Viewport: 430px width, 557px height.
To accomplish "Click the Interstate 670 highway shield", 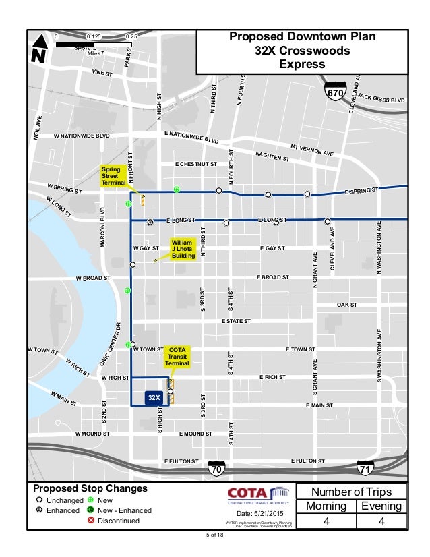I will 335,91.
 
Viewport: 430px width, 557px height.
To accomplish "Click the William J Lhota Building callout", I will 183,249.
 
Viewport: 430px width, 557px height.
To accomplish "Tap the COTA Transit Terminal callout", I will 177,357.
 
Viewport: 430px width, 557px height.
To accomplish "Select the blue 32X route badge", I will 154,398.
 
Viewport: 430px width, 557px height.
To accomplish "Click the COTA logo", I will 258,494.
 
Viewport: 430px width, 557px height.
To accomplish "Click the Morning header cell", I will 331,506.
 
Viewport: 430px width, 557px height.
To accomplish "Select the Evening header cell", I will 382,506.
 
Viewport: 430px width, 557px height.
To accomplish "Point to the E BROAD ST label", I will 272,277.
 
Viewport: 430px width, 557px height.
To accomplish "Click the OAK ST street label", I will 346,305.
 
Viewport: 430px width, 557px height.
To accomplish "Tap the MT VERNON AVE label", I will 312,150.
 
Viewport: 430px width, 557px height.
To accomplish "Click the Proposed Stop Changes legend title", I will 90,488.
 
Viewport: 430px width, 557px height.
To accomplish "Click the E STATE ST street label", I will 236,321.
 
